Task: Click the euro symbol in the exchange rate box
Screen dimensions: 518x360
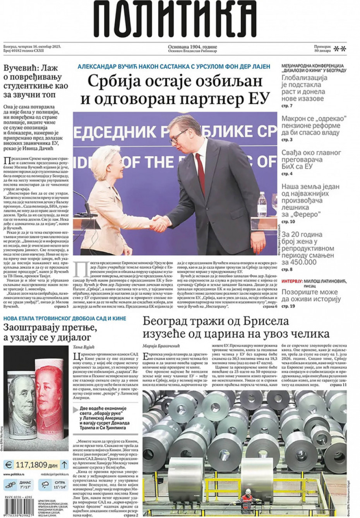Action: [9, 465]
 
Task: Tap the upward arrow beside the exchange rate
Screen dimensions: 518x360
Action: [65, 465]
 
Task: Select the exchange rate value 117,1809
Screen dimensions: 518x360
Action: [31, 465]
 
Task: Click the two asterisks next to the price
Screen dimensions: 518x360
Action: [340, 49]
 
